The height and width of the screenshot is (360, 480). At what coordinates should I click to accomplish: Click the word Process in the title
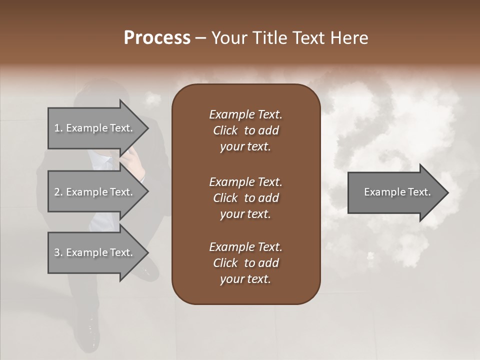pos(157,38)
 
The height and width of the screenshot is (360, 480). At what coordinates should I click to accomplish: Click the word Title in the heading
pos(269,38)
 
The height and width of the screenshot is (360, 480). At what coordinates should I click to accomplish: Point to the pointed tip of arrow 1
pos(147,128)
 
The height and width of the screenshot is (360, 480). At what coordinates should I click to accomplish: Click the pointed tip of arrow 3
pos(147,252)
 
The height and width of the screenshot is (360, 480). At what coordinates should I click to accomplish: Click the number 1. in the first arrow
pos(58,128)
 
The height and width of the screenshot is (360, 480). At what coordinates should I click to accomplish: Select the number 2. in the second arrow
pos(58,192)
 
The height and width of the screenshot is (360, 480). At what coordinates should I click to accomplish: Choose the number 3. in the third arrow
pos(58,252)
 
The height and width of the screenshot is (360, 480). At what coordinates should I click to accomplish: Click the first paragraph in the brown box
pos(245,130)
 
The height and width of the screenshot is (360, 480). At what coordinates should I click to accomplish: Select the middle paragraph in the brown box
pos(245,197)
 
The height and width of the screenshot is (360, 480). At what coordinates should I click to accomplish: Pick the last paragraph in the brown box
pos(245,263)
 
